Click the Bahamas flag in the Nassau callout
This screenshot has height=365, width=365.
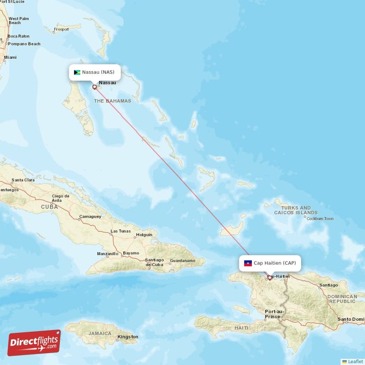tap(77, 72)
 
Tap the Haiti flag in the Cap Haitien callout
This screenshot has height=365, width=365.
tap(248, 263)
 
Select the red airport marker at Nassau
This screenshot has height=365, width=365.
tap(94, 87)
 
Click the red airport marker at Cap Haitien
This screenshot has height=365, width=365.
tap(270, 277)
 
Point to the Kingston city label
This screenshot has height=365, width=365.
tap(127, 337)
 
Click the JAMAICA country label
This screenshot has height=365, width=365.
tap(99, 333)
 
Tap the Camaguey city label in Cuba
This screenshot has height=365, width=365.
tap(90, 216)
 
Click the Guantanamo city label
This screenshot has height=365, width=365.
tap(182, 261)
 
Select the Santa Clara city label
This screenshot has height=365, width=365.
tap(23, 180)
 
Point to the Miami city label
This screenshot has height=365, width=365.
tap(10, 57)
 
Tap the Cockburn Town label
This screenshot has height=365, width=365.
tap(320, 219)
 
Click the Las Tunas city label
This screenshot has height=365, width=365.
tap(120, 231)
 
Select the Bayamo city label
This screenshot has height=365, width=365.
tap(131, 253)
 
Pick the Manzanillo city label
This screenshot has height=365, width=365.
tap(108, 254)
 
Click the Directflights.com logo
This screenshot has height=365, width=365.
tap(34, 343)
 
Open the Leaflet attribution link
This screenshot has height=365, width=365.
tap(355, 361)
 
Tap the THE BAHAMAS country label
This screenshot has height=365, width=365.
tap(113, 101)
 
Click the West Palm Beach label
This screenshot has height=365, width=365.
tap(18, 21)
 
